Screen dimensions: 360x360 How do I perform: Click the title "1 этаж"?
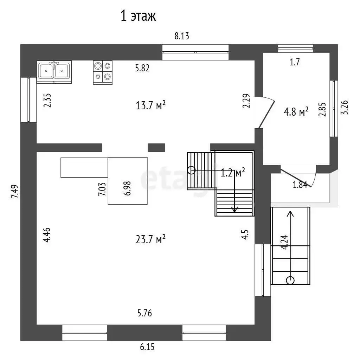[138, 16]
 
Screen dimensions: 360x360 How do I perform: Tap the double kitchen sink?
[54, 72]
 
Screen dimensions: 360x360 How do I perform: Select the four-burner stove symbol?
[103, 72]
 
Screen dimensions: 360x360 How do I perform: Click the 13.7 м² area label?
[150, 105]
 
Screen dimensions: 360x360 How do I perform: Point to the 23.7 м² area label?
[150, 239]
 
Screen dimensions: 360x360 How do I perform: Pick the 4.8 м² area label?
[296, 112]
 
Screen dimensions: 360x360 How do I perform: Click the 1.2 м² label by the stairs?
[233, 172]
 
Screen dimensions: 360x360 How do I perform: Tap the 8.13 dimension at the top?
[182, 36]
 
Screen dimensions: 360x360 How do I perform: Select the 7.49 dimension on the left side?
[14, 192]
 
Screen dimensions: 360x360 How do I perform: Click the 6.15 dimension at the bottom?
[147, 347]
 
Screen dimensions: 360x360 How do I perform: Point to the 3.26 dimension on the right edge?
[345, 107]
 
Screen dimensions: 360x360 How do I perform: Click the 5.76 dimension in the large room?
[144, 313]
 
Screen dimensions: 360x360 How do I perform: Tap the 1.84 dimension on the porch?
[300, 185]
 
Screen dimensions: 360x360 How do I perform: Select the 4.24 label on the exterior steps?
[284, 242]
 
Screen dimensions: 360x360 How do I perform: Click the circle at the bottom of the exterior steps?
[290, 280]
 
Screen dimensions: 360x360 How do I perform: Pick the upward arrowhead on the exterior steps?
[290, 213]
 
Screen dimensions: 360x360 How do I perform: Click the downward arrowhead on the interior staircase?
[234, 209]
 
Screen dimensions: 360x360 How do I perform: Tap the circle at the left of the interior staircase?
[191, 171]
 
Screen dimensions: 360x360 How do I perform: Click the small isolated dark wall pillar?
[156, 148]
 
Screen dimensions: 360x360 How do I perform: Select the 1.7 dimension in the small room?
[295, 62]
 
